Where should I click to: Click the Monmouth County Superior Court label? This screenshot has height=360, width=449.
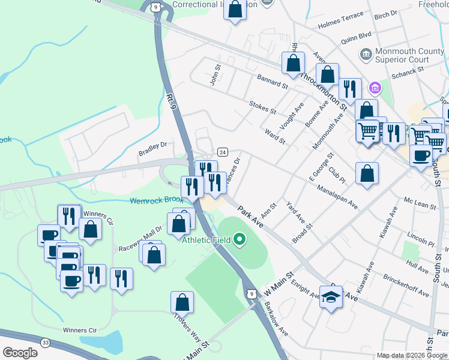(x=402, y=55)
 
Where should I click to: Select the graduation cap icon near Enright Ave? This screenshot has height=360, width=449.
(x=331, y=297)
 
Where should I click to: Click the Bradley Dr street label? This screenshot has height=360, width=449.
(x=152, y=145)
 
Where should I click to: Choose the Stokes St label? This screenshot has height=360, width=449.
(x=262, y=107)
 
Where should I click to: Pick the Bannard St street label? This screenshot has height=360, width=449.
(x=273, y=82)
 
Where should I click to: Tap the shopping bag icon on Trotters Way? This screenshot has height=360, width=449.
(x=182, y=303)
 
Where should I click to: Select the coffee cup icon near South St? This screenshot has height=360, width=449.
(x=421, y=154)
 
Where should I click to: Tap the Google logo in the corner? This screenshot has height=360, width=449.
(x=20, y=353)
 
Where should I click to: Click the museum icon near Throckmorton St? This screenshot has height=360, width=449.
(x=375, y=88)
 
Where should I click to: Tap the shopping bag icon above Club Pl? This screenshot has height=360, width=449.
(x=367, y=174)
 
